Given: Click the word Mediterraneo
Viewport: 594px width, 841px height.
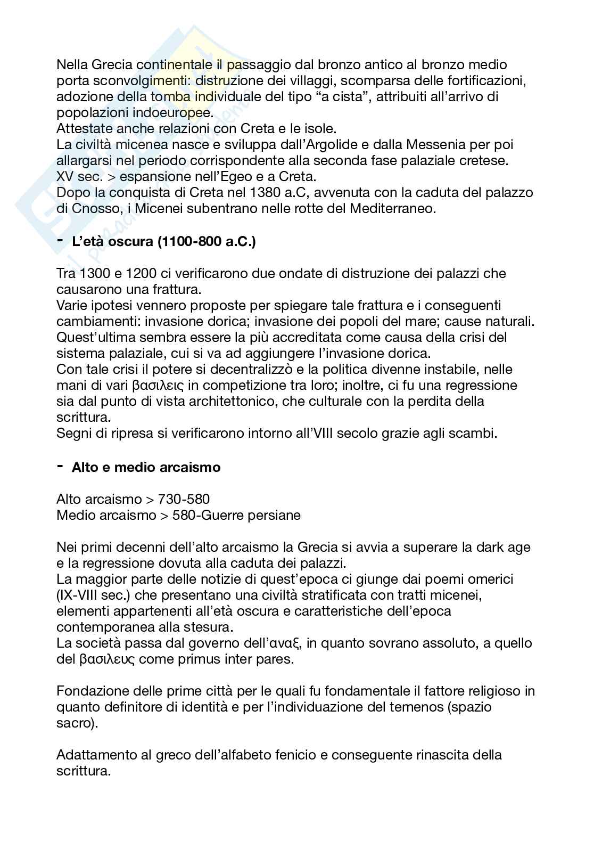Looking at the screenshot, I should point(393,209).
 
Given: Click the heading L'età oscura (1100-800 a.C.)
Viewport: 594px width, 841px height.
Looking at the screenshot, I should point(163,242).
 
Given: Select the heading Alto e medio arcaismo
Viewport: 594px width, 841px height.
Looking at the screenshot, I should point(146,467).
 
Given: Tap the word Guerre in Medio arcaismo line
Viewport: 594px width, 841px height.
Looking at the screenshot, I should point(235,515).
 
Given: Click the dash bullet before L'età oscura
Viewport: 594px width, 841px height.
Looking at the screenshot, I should point(60,241).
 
